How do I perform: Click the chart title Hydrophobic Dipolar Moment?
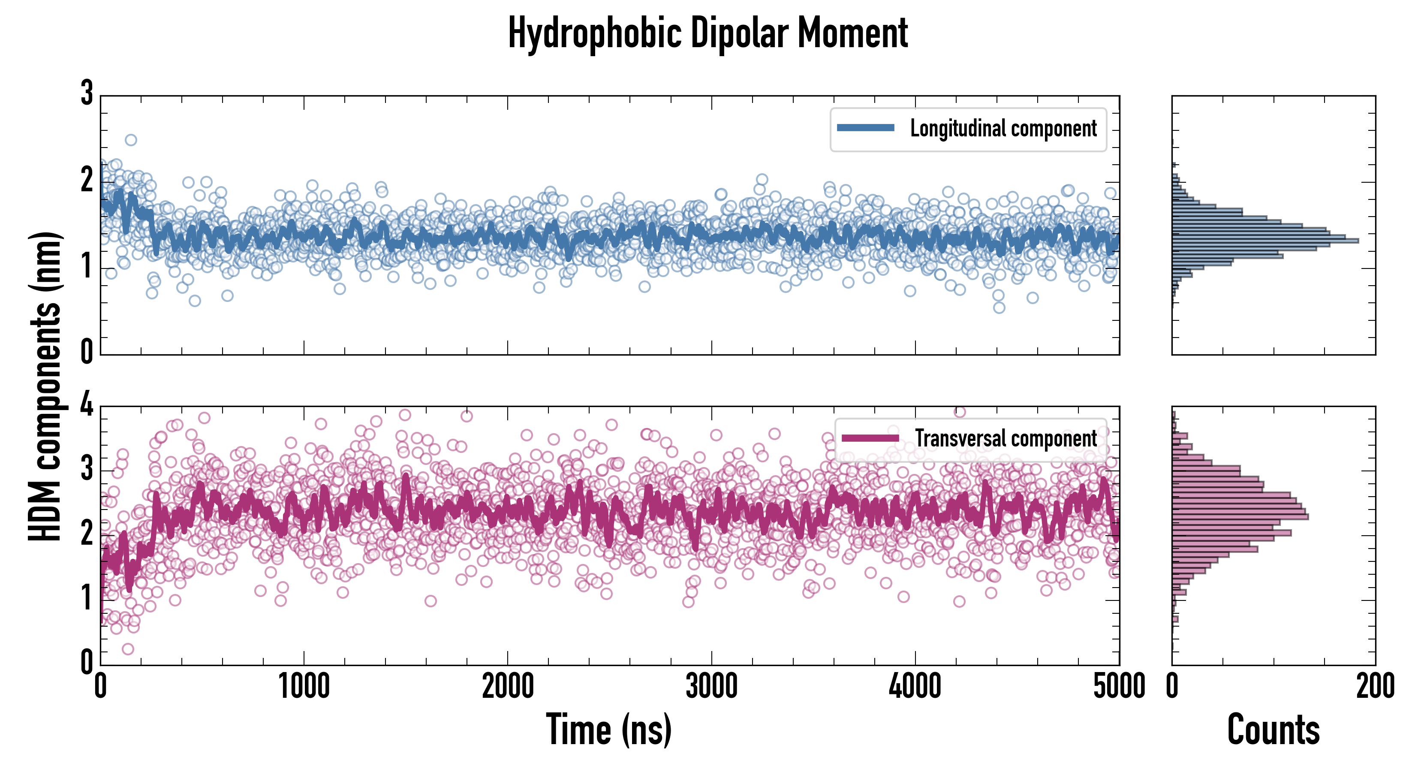[x=707, y=33]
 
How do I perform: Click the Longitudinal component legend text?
[x=1003, y=129]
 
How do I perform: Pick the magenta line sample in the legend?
[x=870, y=438]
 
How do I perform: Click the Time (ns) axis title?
[x=608, y=729]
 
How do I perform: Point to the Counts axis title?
[x=1273, y=729]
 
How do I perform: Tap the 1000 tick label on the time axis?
[x=304, y=686]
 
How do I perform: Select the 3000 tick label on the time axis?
[x=711, y=686]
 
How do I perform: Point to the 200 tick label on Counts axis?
[x=1375, y=686]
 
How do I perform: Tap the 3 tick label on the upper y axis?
[x=87, y=93]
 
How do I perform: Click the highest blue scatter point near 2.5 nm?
[x=131, y=140]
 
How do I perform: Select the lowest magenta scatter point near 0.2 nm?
[x=128, y=649]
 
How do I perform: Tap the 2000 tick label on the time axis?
[x=508, y=686]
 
